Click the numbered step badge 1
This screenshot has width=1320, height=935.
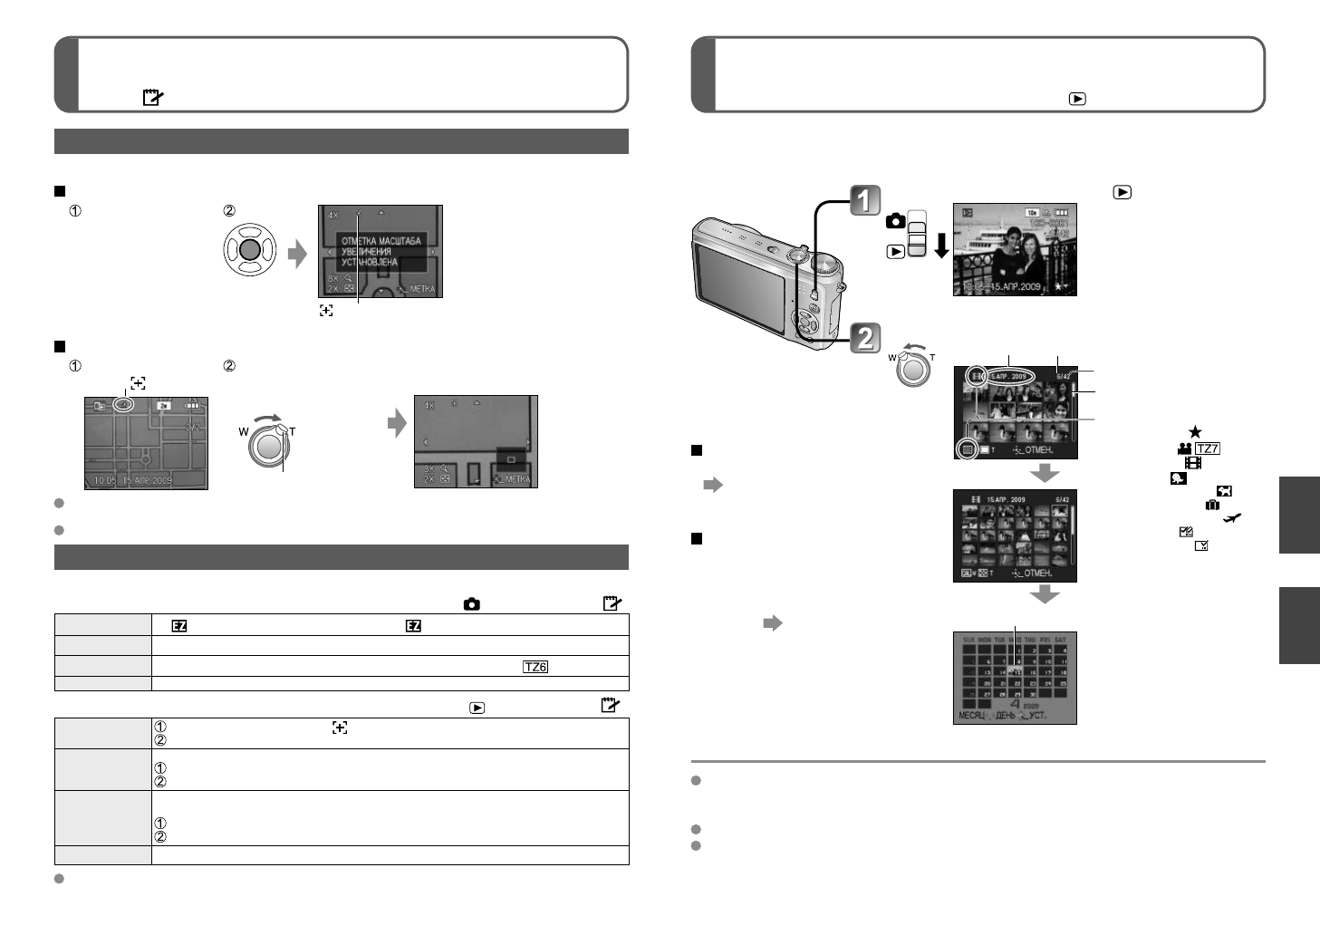(x=865, y=200)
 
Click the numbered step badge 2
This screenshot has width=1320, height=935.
(x=865, y=338)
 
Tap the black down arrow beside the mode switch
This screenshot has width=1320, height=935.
(x=941, y=246)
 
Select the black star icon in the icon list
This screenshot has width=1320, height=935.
(x=1195, y=432)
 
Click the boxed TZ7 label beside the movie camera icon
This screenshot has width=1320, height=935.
(x=1208, y=448)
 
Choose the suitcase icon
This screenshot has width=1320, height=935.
(x=1211, y=505)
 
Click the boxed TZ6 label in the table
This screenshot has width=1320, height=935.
(x=535, y=667)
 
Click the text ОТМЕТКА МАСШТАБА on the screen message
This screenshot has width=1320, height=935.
(x=381, y=241)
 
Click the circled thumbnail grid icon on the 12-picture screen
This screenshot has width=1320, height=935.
(x=967, y=448)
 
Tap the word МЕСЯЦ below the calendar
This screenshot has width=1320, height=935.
(x=974, y=716)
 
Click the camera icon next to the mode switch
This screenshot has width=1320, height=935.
(x=895, y=222)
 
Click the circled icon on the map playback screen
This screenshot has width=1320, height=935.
(x=125, y=405)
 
